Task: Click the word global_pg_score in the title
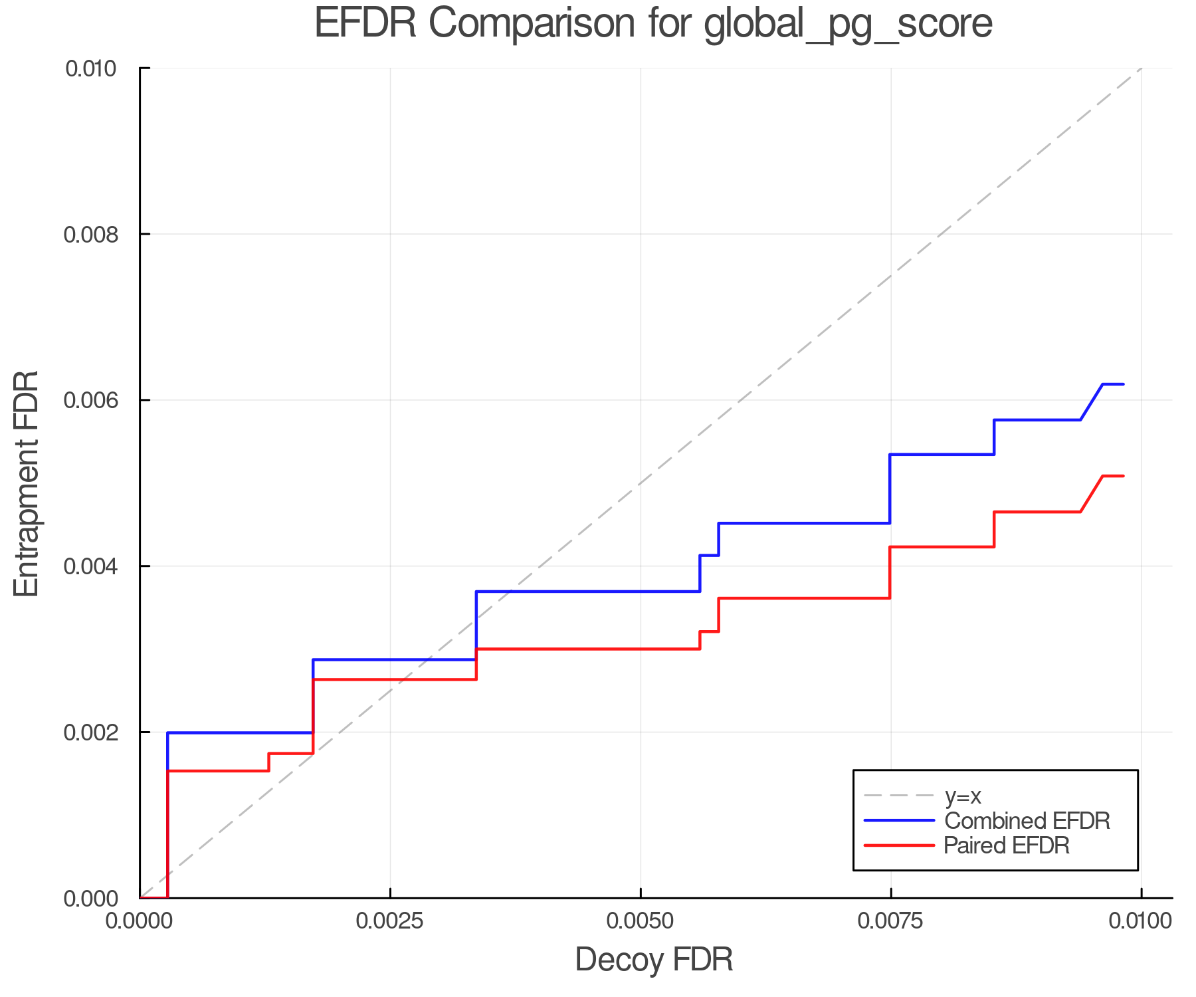(848, 25)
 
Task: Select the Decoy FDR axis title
(654, 960)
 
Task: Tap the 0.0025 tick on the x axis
(390, 921)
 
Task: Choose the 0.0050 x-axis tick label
(641, 921)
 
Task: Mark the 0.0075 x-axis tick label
(890, 921)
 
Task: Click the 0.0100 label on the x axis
(1140, 921)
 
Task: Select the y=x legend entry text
(963, 796)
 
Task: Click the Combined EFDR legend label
(1027, 821)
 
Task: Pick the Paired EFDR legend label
(1007, 845)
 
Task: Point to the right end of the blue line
(1123, 384)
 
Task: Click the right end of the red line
(1123, 476)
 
